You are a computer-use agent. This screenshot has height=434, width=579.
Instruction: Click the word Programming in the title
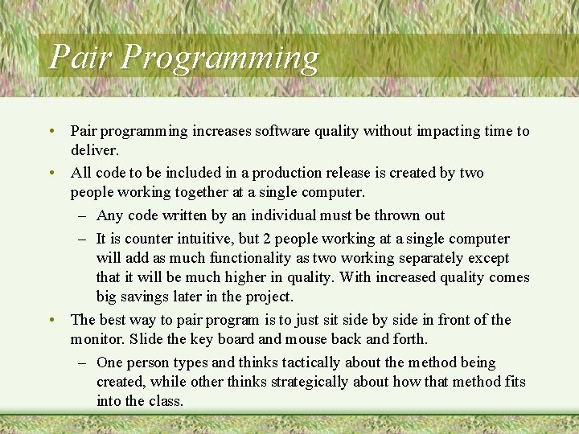pyautogui.click(x=222, y=58)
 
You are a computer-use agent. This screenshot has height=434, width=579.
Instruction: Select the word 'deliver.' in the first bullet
pyautogui.click(x=95, y=150)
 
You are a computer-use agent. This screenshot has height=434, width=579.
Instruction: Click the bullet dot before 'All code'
pyautogui.click(x=51, y=173)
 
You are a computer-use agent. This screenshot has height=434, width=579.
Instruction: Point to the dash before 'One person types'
pyautogui.click(x=84, y=362)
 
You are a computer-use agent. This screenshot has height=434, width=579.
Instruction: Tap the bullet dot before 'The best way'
pyautogui.click(x=51, y=320)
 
